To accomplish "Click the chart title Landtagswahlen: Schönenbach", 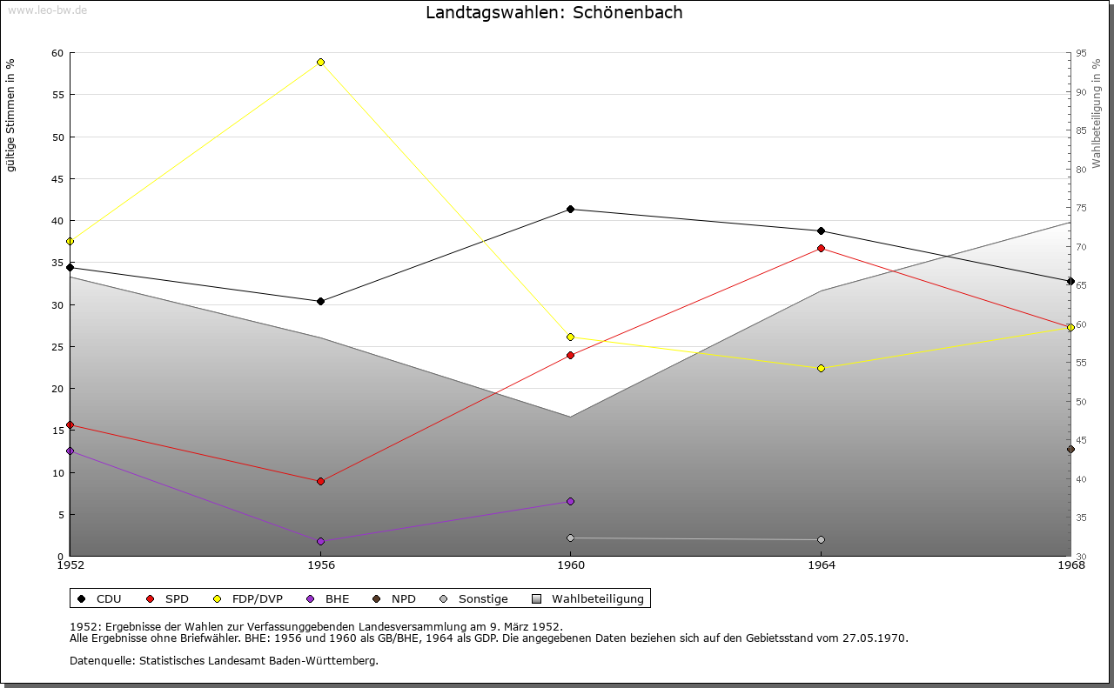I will [x=554, y=13].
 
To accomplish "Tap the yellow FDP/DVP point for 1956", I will [x=320, y=62].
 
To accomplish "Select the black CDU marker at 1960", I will [x=570, y=209].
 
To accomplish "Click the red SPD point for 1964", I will [x=821, y=248].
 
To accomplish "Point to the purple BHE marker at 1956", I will [x=320, y=541].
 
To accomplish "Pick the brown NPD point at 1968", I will [x=1070, y=449].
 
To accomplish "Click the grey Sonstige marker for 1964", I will [x=821, y=539].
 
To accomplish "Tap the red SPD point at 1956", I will [x=320, y=481].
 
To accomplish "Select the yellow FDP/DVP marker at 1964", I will [x=821, y=368].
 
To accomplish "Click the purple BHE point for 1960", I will [x=570, y=501].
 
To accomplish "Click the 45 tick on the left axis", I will [x=57, y=179].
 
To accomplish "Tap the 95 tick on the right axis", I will [x=1081, y=53].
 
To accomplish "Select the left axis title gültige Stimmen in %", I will [x=11, y=115].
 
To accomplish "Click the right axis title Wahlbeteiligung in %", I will [x=1097, y=113].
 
